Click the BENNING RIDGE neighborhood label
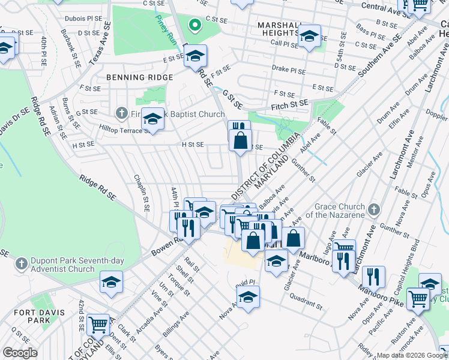(x=139, y=77)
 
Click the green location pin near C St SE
(x=194, y=25)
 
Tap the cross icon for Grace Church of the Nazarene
(x=374, y=209)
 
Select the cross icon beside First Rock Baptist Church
(x=121, y=113)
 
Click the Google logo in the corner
(x=20, y=353)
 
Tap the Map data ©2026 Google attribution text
(x=412, y=355)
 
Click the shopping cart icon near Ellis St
(x=98, y=325)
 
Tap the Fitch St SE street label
(x=288, y=104)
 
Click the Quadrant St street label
(x=306, y=301)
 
